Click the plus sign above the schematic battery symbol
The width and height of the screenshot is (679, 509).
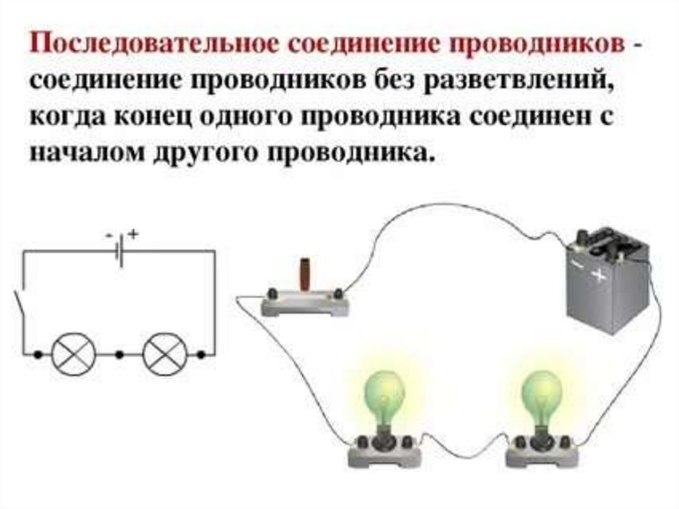coord(134,234)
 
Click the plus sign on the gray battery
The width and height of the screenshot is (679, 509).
coord(601,275)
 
